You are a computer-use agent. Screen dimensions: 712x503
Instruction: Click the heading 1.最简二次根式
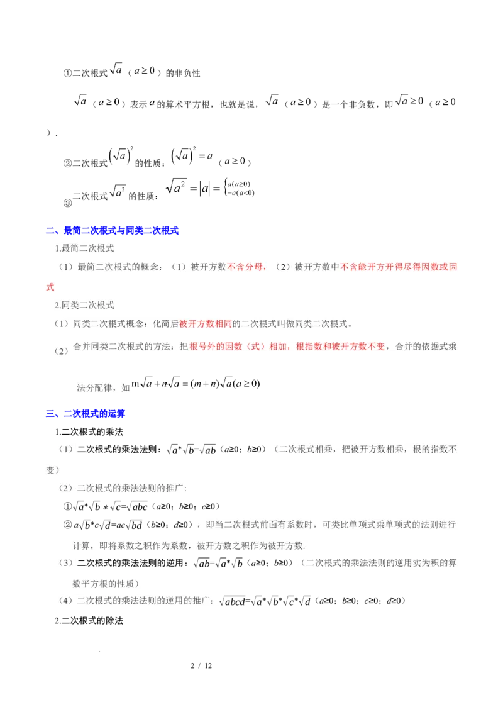tap(84, 249)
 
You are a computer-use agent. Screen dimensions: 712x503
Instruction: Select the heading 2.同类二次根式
tap(84, 306)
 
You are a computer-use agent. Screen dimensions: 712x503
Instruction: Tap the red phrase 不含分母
tap(246, 267)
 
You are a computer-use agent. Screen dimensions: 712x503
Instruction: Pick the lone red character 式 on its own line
tap(50, 287)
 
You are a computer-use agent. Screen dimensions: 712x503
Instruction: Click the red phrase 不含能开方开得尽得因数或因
tap(399, 267)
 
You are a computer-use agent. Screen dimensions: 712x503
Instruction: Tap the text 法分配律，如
tap(102, 387)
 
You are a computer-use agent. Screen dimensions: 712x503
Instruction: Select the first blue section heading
tap(113, 231)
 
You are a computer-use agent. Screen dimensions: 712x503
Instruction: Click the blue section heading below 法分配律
tap(86, 414)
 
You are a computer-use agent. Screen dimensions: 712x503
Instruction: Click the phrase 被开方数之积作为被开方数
tap(250, 545)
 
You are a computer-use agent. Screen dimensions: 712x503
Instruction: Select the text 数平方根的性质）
tap(109, 583)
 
